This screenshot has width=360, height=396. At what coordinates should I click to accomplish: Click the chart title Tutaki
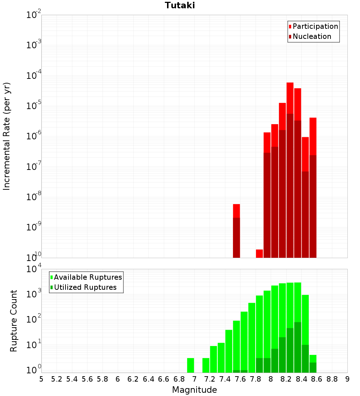coord(180,5)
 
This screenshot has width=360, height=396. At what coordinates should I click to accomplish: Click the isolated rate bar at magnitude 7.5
coord(237,230)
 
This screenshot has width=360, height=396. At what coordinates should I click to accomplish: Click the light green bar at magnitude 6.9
coord(191,365)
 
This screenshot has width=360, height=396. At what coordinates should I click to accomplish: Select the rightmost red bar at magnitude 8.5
coord(313,180)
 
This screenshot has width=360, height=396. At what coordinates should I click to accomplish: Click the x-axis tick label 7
coord(194,379)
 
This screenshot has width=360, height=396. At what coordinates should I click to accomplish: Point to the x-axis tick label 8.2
coord(286,379)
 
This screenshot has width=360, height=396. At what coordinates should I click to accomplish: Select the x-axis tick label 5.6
coord(87,379)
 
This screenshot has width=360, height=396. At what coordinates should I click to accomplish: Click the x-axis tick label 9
coord(347,379)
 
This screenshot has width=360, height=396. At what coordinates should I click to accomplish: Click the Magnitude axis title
coord(194,390)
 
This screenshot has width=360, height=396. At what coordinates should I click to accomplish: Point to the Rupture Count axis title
coord(14,320)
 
